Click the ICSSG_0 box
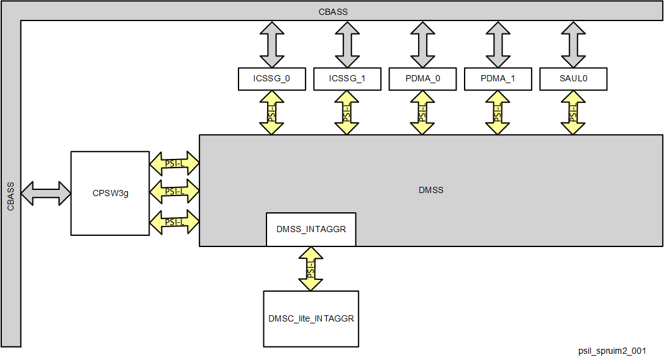(x=271, y=79)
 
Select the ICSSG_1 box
(x=347, y=79)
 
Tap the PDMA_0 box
(x=422, y=79)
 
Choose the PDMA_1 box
(x=498, y=79)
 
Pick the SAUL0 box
(x=573, y=79)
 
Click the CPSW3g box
(x=110, y=193)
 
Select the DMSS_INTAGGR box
(x=311, y=229)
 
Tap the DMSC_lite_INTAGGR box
(x=311, y=318)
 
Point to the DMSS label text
(x=430, y=190)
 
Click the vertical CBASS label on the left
(x=11, y=197)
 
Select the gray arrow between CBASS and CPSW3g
(x=47, y=192)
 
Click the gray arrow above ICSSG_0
(x=271, y=45)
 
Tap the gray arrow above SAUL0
(x=573, y=45)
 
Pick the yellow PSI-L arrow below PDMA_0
(x=422, y=112)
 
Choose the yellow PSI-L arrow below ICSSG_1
(x=347, y=112)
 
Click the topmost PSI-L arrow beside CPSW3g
(x=174, y=164)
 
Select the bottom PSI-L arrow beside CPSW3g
(x=174, y=222)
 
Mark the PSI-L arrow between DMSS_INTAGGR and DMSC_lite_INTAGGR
(x=311, y=269)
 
